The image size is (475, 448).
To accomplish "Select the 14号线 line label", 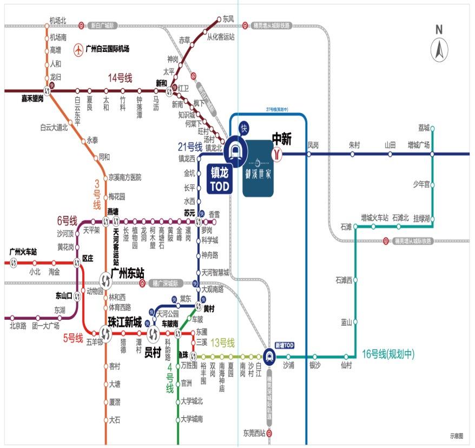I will tap(120, 78).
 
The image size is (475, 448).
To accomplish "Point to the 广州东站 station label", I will tap(127, 273).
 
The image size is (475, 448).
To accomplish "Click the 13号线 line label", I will tap(222, 342).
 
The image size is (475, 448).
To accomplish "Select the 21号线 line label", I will tap(190, 146).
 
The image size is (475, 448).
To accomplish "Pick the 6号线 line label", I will tap(68, 221).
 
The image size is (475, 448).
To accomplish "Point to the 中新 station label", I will tap(281, 140).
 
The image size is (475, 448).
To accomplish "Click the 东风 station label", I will tap(228, 19).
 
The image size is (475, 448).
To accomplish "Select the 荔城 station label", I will tap(423, 128).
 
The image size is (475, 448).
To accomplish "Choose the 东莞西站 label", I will tap(254, 433).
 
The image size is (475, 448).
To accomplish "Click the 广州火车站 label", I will tap(23, 252).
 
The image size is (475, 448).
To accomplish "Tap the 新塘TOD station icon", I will tap(269, 356).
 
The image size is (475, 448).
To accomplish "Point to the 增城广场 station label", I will tap(418, 146).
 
